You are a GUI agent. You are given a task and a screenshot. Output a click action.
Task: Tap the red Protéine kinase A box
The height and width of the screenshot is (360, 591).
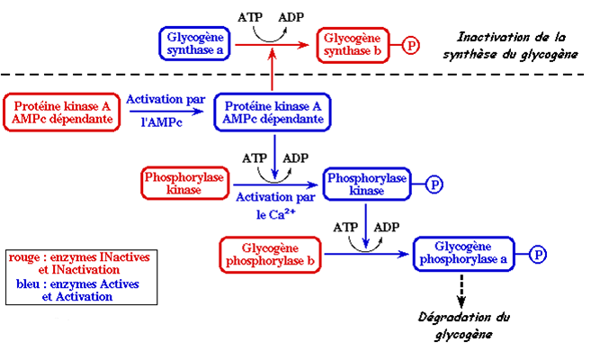click(x=63, y=112)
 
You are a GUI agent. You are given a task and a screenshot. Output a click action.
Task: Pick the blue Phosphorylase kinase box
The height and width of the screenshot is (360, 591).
click(x=366, y=183)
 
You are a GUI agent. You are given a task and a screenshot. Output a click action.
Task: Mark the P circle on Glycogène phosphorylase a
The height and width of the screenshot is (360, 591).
click(x=537, y=254)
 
